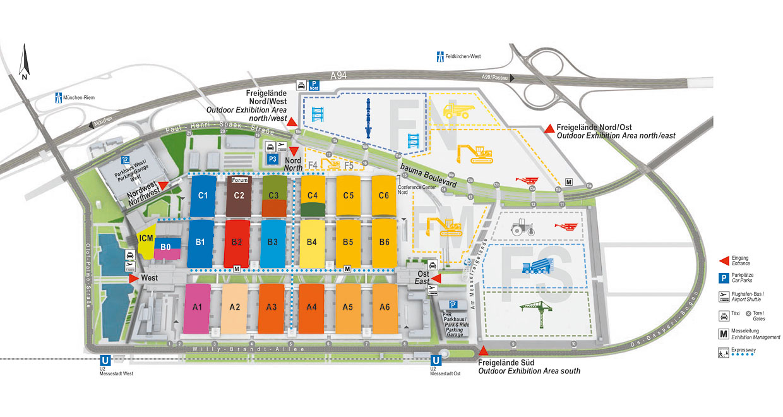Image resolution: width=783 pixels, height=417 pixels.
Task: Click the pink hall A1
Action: click(x=197, y=308)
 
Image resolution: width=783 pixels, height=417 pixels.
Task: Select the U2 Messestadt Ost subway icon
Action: click(x=435, y=362)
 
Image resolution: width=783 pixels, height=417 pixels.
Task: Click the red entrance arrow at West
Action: click(x=133, y=278)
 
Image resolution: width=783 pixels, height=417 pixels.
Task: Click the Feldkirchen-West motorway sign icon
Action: click(x=439, y=56)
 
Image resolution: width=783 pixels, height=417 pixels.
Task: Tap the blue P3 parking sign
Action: click(x=272, y=159)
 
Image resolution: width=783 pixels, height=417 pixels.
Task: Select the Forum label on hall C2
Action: click(x=239, y=180)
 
